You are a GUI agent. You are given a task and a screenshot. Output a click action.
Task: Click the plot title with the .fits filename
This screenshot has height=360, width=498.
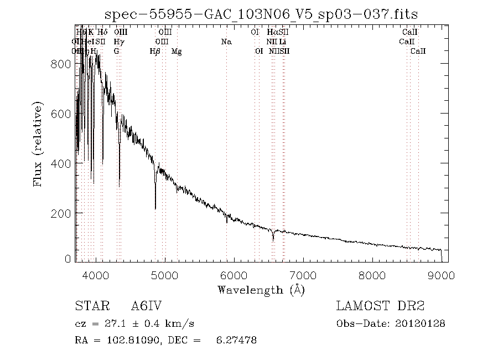tap(261, 14)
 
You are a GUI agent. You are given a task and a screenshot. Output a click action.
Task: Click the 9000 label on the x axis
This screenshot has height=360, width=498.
tap(441, 275)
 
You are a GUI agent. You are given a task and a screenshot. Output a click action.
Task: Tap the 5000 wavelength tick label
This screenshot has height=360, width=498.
tap(164, 275)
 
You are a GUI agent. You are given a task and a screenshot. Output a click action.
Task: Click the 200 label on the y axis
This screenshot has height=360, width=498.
tap(62, 213)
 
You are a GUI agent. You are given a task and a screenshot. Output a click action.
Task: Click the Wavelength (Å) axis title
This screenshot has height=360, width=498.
tap(261, 289)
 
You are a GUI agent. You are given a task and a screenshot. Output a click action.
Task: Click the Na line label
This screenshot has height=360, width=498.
tap(226, 42)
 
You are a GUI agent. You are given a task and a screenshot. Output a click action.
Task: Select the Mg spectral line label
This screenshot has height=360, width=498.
tap(177, 52)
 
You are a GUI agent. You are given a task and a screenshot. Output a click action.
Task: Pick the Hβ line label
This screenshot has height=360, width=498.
tap(155, 52)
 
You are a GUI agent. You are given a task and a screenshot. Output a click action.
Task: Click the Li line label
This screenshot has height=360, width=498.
tap(283, 42)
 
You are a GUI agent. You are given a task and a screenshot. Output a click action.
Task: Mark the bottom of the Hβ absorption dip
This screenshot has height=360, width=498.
tap(155, 208)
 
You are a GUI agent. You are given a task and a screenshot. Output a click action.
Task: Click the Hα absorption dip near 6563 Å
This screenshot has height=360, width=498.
tap(273, 240)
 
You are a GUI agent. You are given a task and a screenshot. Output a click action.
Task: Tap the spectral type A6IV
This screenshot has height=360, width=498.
tap(146, 306)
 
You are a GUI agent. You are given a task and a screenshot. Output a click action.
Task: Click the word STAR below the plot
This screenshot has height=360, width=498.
tap(89, 306)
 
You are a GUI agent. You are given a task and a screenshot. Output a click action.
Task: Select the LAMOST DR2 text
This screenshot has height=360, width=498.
tap(380, 306)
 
